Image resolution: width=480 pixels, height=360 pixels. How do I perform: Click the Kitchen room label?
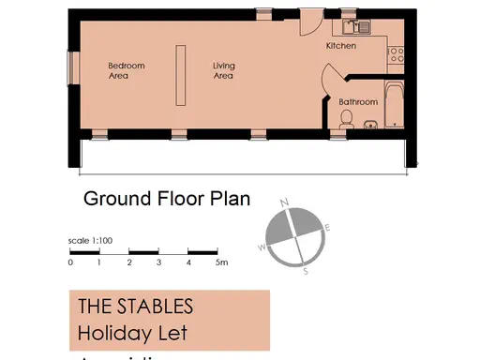pos(340,45)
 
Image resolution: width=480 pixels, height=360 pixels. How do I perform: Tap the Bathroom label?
pos(358,101)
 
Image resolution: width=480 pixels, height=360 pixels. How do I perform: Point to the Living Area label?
pos(223,70)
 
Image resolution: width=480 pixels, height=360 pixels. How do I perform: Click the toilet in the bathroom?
pos(347,118)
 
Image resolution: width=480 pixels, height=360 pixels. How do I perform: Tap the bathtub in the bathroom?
pos(394,107)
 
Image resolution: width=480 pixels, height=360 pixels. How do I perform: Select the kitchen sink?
pos(356,26)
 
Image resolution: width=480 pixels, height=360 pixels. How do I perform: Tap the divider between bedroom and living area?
pos(179,73)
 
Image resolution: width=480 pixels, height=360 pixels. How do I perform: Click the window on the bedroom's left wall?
pos(70,67)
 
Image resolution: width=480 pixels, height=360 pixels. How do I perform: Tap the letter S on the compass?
pos(306,271)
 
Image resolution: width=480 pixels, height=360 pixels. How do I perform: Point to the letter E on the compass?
pos(327,227)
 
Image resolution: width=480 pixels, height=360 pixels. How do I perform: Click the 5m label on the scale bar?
pos(221,262)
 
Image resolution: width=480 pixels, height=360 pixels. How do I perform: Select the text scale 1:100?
pos(91,241)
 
